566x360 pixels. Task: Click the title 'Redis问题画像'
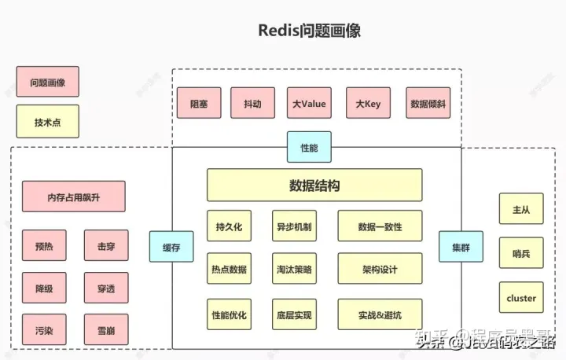click(309, 31)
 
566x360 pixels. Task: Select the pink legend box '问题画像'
click(47, 82)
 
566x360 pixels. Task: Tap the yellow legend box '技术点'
click(47, 122)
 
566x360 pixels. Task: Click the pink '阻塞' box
click(199, 103)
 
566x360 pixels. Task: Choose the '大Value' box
click(309, 103)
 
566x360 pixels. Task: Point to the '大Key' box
click(368, 103)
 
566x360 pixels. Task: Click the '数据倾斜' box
click(429, 103)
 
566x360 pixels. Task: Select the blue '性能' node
click(309, 147)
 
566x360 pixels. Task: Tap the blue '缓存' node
click(171, 247)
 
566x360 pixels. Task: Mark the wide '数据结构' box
click(314, 186)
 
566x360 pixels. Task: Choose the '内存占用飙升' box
click(74, 197)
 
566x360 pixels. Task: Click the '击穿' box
click(106, 246)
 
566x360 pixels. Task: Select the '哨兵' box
click(521, 253)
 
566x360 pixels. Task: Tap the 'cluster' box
click(521, 298)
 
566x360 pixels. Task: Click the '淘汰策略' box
click(293, 269)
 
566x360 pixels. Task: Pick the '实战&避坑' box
click(380, 314)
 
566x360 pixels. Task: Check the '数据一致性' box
click(380, 226)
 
